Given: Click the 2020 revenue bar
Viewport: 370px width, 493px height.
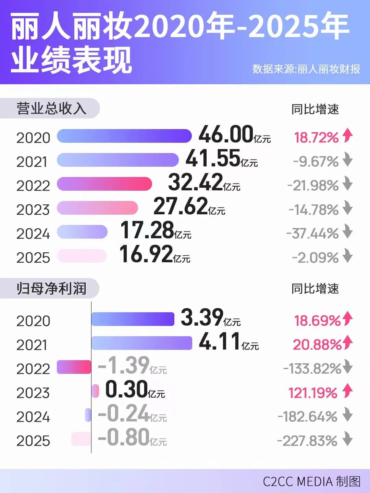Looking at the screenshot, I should (124, 136).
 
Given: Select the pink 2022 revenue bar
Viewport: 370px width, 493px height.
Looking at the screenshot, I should (104, 184).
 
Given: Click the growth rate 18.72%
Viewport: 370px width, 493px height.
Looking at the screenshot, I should (316, 138).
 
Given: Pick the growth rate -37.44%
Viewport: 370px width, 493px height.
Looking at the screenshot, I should (312, 233).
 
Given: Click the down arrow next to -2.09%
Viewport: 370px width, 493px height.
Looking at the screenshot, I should (347, 256).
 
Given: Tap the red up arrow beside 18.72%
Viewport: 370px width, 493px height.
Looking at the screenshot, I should (347, 135).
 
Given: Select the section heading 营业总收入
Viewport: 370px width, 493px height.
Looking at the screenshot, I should (51, 109).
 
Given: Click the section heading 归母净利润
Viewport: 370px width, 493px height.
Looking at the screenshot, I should (51, 289).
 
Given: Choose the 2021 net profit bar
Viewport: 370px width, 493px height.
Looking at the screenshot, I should (141, 343).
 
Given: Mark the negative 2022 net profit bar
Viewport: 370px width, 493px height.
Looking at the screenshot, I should (74, 367).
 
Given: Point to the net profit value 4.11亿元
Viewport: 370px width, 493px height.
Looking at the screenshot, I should (229, 342).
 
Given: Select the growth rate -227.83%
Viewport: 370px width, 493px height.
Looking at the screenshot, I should (307, 441).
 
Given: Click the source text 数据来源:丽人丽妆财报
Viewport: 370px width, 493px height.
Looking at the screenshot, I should (306, 69).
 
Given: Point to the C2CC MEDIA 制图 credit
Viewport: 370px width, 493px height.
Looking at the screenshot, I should (311, 481).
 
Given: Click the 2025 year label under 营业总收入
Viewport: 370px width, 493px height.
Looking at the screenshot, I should (33, 258).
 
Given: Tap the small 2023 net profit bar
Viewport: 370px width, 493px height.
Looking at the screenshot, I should (95, 391).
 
